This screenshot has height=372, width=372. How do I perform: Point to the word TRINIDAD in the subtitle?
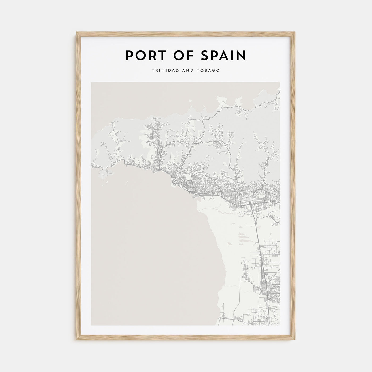pos(163,71)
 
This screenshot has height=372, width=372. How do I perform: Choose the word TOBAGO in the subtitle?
pos(209,71)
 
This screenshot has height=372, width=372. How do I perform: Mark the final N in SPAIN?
pos(242,56)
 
